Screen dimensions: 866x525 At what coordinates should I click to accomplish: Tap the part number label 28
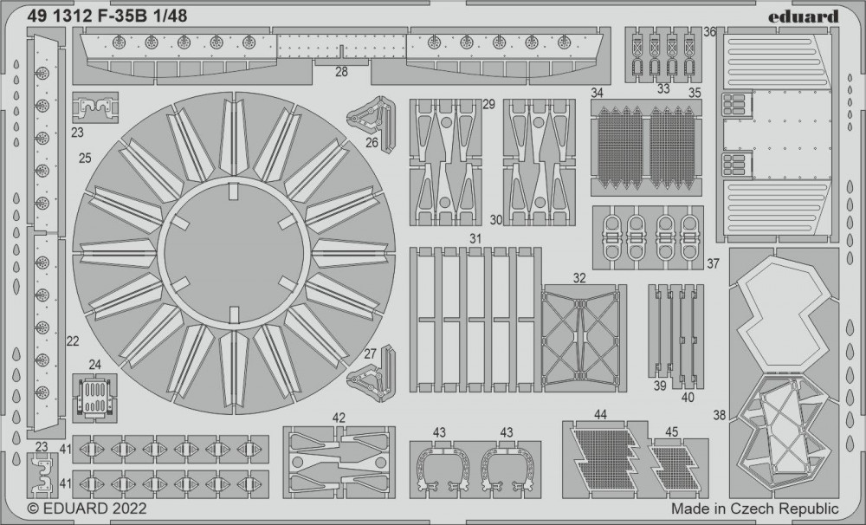(341, 72)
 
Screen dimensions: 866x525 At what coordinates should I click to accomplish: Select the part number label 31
(475, 239)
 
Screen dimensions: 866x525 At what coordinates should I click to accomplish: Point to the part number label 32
(578, 278)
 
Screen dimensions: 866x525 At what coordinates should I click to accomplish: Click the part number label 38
(719, 414)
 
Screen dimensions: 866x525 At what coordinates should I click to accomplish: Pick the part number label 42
(339, 418)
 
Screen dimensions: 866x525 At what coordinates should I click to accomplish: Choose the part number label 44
(600, 414)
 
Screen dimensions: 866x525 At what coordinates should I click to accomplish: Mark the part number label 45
(672, 432)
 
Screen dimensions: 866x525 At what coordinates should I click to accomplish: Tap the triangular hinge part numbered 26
(372, 115)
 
